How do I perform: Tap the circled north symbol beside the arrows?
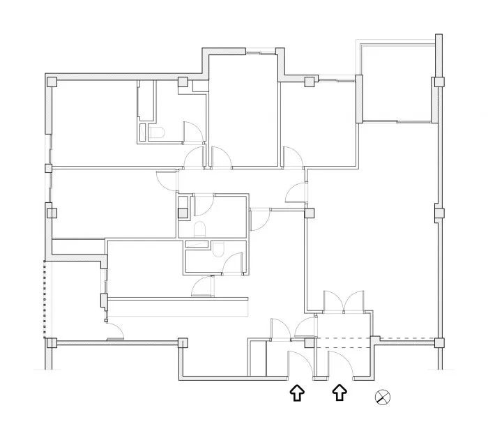383,397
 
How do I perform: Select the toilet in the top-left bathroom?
155,132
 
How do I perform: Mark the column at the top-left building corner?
52,82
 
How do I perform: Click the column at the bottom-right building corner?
439,342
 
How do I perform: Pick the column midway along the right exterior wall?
439,213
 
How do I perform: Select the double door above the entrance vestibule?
343,303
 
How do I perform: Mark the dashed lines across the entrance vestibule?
344,342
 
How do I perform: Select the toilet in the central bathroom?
199,229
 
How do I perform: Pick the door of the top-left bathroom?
192,132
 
